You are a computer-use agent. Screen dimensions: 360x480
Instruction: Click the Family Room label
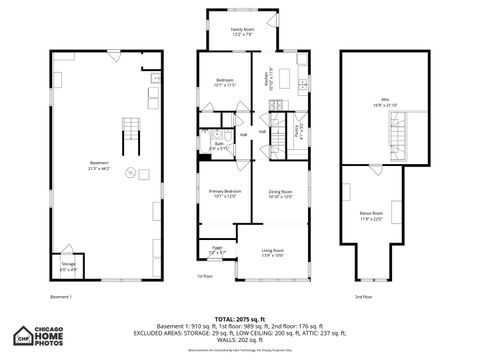[x=243, y=30]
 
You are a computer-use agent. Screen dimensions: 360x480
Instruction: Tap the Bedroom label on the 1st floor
[x=224, y=80]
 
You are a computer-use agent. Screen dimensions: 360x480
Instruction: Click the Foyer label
[x=217, y=250]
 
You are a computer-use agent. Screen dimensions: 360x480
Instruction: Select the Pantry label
[x=297, y=130]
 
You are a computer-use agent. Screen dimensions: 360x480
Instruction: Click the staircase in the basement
[x=129, y=130]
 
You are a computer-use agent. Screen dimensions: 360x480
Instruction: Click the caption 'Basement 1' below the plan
[x=60, y=296]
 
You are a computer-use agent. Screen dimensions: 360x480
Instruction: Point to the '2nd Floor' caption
[x=363, y=296]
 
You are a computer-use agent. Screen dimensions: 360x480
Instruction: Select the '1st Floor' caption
[x=204, y=276]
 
